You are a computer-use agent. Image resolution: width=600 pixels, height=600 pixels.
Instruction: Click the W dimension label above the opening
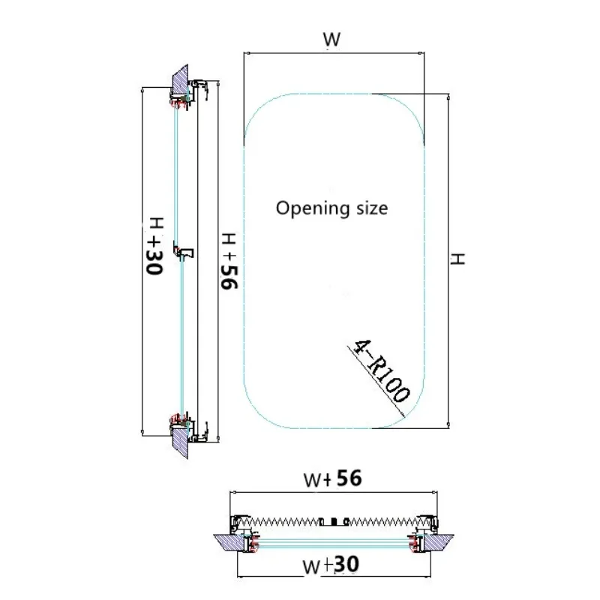point(331,40)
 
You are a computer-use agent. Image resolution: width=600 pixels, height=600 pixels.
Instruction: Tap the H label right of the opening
point(457,259)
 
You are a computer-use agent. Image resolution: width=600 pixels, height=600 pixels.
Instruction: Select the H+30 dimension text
point(154,246)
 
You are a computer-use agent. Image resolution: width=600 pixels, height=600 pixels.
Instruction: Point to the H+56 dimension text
point(229,260)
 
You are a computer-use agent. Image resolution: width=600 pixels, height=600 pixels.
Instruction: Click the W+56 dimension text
point(332,478)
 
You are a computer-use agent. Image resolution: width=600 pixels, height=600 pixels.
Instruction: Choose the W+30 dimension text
point(331,565)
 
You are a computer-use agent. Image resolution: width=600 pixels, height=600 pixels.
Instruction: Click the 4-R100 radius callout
point(381,370)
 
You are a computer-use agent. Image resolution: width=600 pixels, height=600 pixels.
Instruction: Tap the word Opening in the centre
point(313,209)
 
